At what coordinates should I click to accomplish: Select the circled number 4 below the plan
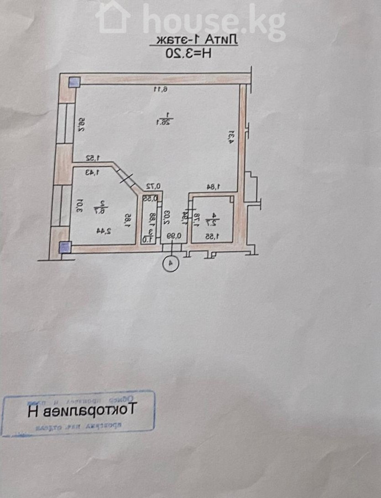coord(171,264)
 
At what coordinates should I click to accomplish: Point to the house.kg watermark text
coord(213,21)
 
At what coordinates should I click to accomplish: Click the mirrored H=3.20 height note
coord(190,53)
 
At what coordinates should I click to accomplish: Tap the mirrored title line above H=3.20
coord(195,40)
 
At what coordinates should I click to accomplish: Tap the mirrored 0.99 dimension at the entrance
coord(176,236)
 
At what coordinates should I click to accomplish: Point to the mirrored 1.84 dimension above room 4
coord(214,187)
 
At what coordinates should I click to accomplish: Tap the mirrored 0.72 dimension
coord(153,186)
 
